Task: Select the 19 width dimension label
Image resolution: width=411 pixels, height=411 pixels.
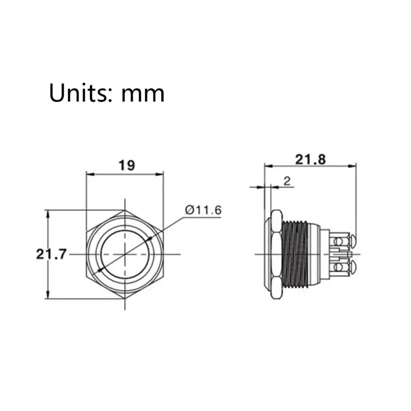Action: [x=127, y=165]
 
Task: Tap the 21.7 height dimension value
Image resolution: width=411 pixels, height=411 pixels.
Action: [x=51, y=254]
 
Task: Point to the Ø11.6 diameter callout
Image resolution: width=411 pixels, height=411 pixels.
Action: [x=203, y=210]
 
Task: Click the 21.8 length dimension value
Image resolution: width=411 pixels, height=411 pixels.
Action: [x=310, y=160]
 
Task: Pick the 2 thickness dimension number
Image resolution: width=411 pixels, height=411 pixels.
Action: [x=287, y=181]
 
